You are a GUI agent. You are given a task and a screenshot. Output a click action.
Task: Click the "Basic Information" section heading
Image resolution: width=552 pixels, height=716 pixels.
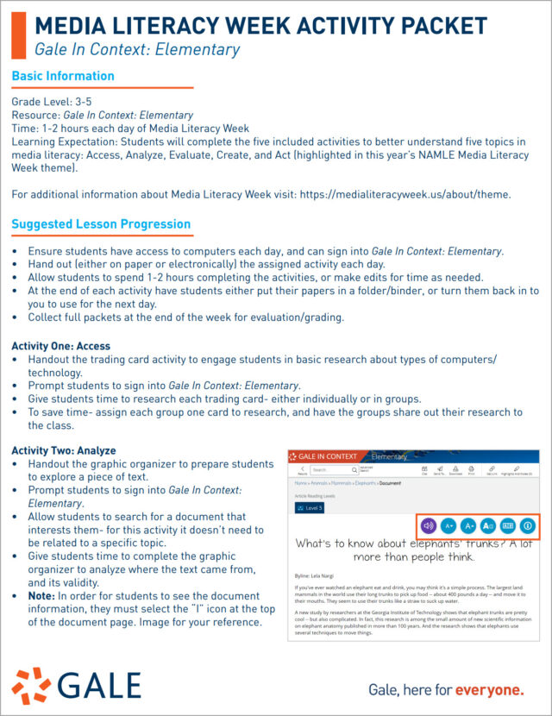(63, 77)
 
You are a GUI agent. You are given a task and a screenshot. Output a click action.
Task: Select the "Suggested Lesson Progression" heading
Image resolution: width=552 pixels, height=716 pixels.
(101, 224)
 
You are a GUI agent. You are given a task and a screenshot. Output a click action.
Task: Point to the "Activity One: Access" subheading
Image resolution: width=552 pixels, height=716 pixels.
(60, 346)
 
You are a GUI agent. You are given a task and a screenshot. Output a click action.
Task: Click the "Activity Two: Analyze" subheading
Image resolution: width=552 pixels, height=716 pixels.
(64, 450)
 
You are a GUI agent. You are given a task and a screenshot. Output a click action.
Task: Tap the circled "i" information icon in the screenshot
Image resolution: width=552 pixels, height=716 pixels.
(529, 524)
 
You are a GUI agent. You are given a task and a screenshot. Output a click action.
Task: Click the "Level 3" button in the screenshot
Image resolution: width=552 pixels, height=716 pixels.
(310, 508)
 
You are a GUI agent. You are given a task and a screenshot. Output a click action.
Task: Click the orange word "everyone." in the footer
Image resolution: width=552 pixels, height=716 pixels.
(489, 689)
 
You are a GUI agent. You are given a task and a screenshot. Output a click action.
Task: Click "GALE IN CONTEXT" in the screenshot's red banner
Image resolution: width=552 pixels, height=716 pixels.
(327, 455)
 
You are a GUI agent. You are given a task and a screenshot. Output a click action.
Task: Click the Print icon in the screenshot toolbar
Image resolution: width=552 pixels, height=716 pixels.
(472, 470)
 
